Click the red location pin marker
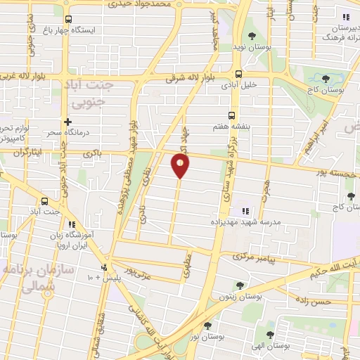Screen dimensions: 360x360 coord(180,166)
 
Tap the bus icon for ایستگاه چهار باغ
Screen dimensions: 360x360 coord(68,20)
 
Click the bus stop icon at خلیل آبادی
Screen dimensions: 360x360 coord(238,74)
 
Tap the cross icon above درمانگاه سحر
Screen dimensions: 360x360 coord(67,122)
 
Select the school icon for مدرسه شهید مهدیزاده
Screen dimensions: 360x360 coord(245,210)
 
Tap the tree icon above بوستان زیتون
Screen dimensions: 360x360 coord(240,285)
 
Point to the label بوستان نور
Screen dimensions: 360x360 coord(207,337)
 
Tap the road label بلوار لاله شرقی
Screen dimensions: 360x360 coord(189,79)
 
